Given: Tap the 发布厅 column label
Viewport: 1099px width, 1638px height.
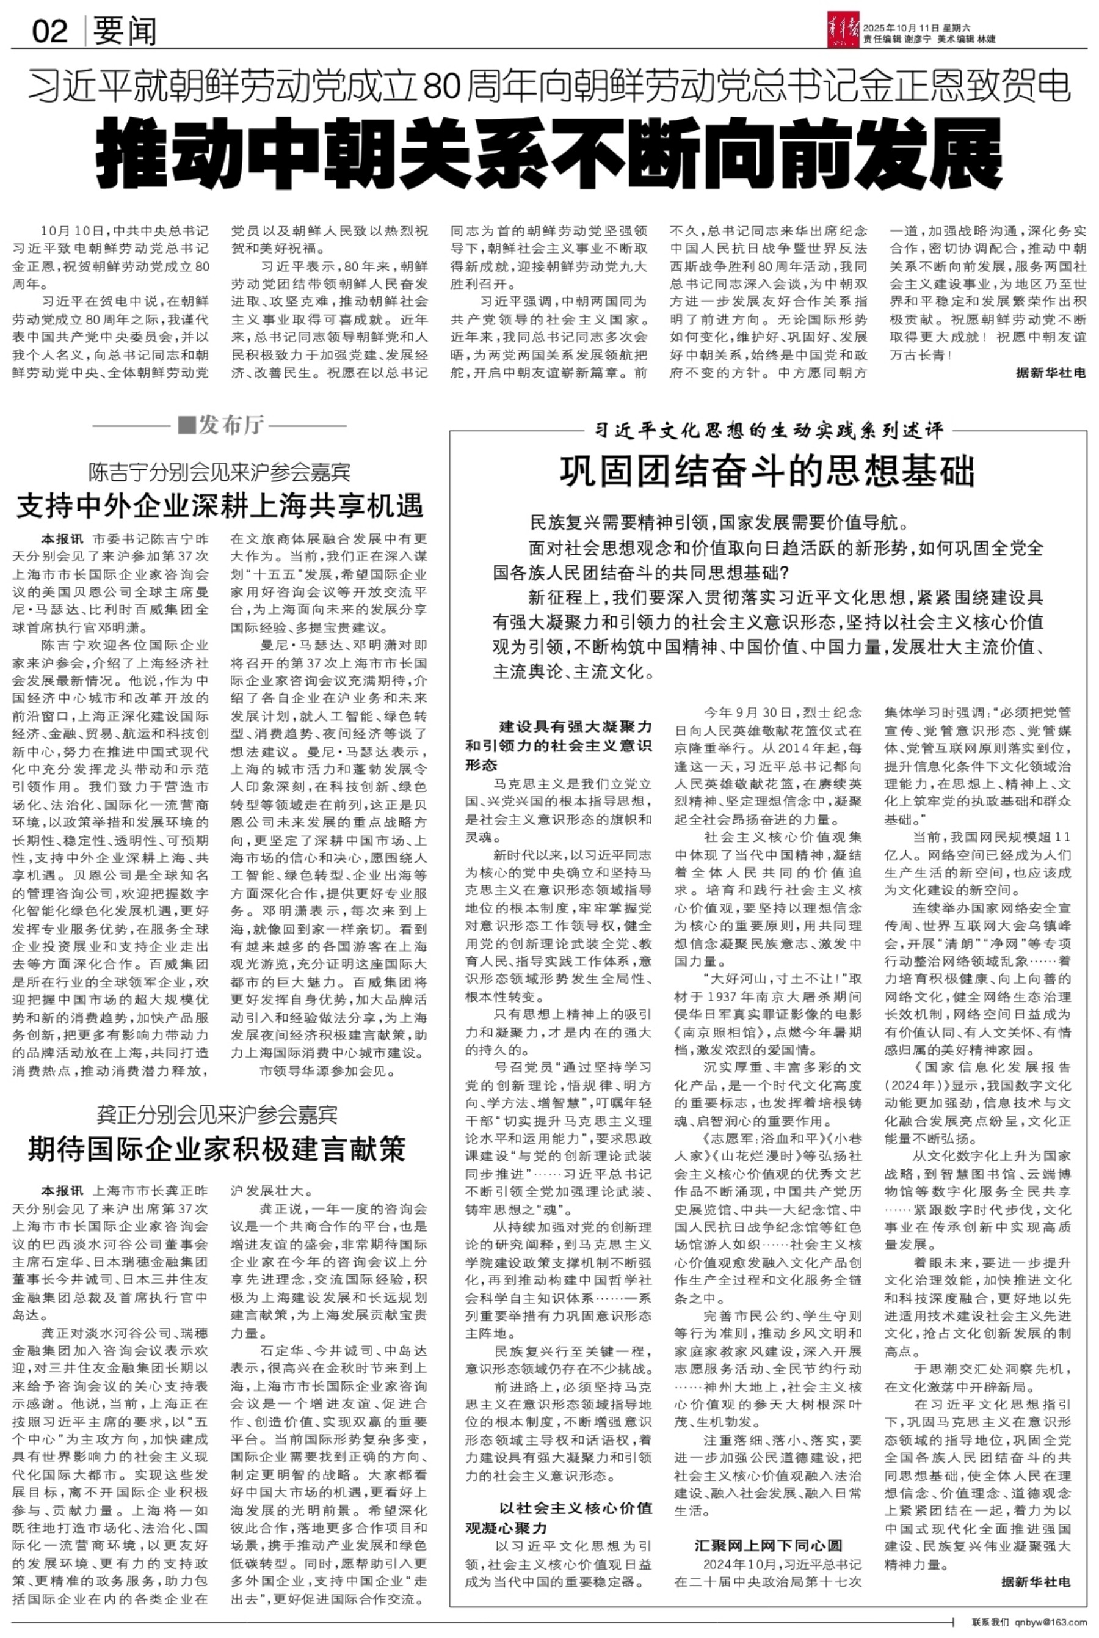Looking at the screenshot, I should click(x=220, y=425).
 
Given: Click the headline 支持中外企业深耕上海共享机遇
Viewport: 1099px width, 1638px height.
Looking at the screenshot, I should click(x=220, y=505).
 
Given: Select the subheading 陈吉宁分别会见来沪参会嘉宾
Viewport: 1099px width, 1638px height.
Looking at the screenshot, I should click(x=220, y=472).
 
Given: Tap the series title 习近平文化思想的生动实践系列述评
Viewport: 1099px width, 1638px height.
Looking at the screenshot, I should click(x=768, y=430).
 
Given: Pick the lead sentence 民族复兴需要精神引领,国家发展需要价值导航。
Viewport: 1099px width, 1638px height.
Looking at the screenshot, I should click(x=719, y=522).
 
